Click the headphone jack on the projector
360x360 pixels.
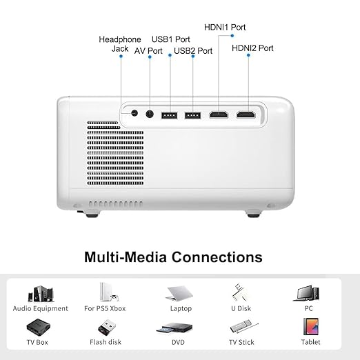[134, 113]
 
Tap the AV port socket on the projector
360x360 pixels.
[150, 114]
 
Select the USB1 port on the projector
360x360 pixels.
[170, 115]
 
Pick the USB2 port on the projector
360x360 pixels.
[192, 115]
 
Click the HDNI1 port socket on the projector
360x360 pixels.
[219, 114]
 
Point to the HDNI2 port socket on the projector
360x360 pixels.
[246, 114]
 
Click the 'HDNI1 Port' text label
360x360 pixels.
[225, 28]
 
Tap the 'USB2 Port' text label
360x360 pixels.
[193, 51]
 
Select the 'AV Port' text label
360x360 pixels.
[148, 51]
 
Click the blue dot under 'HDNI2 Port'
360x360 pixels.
[248, 55]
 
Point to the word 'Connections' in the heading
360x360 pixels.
[217, 257]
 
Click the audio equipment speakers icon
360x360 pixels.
[41, 294]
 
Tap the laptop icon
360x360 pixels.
[179, 293]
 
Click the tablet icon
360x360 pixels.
[311, 326]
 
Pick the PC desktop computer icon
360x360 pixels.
[306, 294]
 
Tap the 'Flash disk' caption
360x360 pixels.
[106, 342]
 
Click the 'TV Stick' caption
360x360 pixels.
[241, 342]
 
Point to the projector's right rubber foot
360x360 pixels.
[253, 214]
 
